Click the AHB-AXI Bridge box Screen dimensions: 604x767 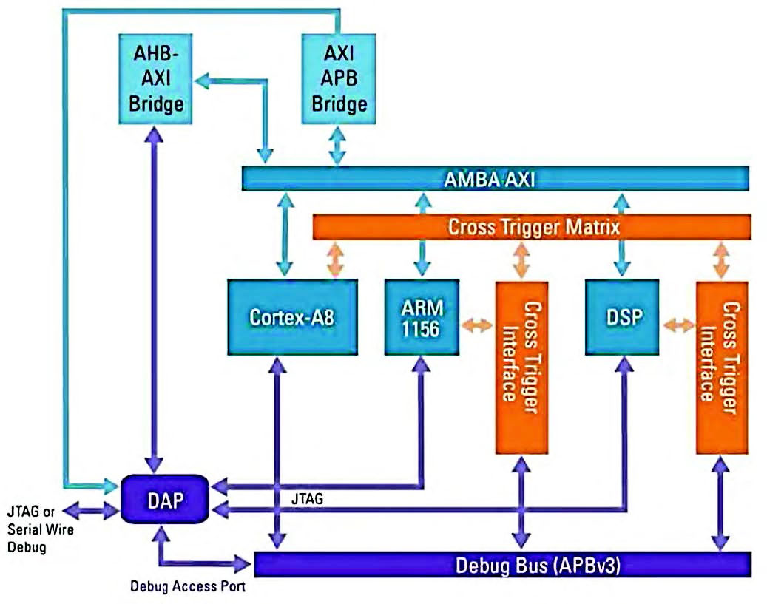155,80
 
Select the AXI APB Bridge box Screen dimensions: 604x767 339,80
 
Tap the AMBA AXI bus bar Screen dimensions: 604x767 496,179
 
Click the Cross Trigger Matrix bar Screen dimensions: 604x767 533,227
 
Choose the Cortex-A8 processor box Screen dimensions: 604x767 292,316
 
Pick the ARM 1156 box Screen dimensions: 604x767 421,317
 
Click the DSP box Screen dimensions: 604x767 621,316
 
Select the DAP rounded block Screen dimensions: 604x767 165,498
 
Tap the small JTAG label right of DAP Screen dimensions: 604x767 307,500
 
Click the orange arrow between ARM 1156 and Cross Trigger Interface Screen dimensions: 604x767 477,325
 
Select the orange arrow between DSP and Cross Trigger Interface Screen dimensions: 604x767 678,325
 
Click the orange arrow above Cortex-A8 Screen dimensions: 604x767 335,259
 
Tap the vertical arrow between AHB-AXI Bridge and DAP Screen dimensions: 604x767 154,296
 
